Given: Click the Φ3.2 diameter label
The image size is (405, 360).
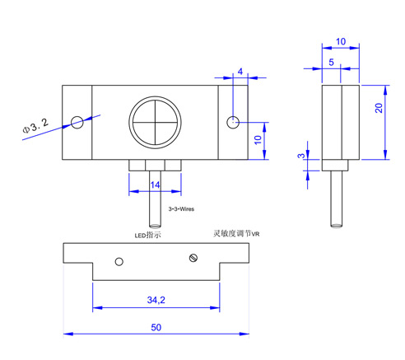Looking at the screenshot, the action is coord(35,126).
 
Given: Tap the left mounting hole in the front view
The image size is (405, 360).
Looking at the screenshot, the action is coord(77,122).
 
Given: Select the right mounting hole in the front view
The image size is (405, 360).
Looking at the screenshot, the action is coord(233,122).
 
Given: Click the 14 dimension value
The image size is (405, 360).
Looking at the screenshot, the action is coord(155,185).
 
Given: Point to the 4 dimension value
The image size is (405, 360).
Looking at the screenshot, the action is coord(240,72).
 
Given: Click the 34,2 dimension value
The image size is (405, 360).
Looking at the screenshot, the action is coord(156,300).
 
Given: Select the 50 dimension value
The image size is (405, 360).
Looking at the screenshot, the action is coord(156,327).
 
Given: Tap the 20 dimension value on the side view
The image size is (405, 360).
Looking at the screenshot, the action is coord(379,108).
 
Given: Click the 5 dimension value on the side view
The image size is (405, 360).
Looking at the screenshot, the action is coord(332,63).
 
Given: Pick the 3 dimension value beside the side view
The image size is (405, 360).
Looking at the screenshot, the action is coord(301,156).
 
